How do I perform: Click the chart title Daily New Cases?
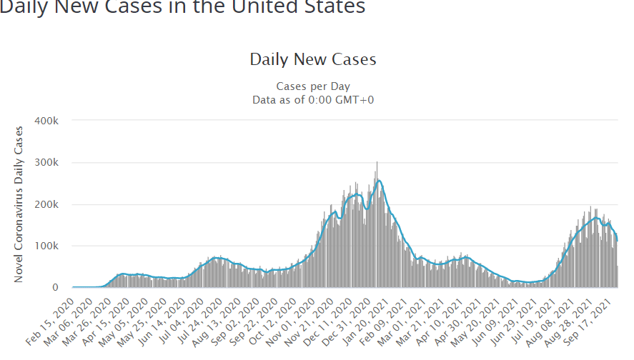click(x=312, y=59)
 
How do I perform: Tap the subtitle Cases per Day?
click(x=313, y=86)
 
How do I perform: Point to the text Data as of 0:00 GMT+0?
click(x=313, y=99)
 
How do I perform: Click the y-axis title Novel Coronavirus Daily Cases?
click(x=19, y=204)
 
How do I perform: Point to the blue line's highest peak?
click(x=379, y=180)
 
